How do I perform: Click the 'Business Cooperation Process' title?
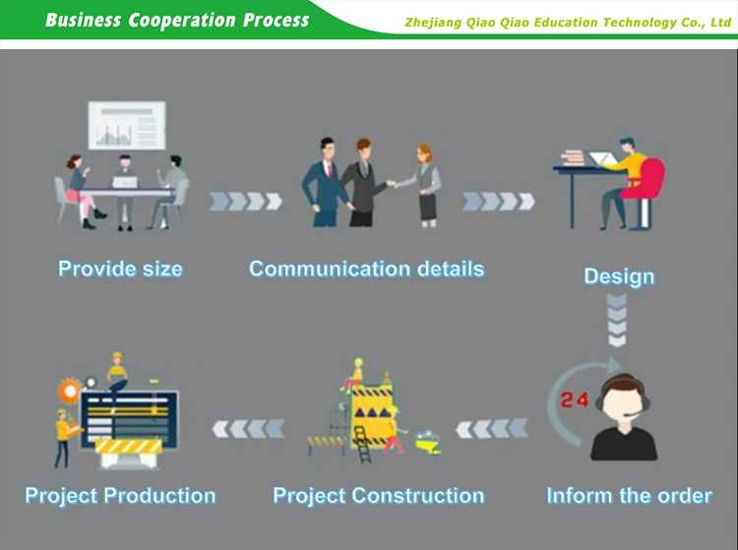(177, 20)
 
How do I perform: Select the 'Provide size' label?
(120, 269)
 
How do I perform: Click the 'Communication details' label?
(366, 269)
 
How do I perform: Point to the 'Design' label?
(619, 276)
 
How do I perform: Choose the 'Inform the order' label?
(629, 495)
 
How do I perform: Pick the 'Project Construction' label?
(378, 496)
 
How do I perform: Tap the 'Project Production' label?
(120, 496)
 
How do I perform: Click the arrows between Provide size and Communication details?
(246, 202)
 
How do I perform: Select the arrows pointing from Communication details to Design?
(499, 202)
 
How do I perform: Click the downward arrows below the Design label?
(617, 322)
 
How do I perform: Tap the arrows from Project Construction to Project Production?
(248, 428)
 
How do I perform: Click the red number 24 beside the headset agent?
(575, 400)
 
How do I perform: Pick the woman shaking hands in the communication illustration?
(426, 183)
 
